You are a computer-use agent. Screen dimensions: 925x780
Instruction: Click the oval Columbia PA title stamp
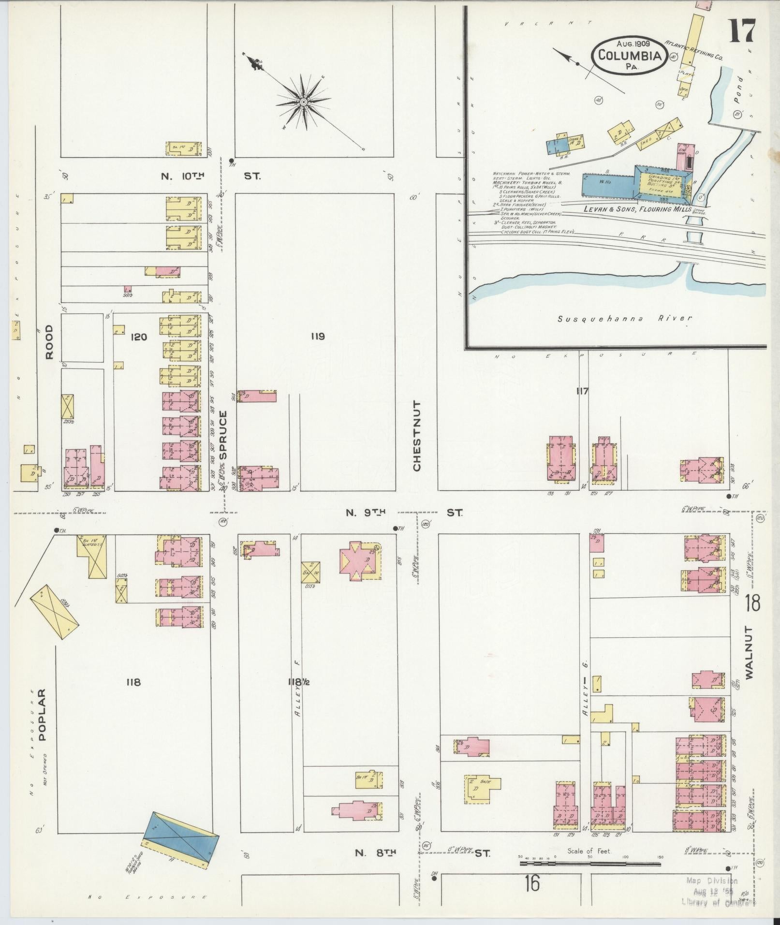point(629,55)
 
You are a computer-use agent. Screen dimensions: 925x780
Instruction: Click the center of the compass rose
point(303,102)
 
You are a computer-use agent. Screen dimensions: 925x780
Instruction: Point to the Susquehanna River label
point(624,319)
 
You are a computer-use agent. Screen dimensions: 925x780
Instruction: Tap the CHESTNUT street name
point(417,436)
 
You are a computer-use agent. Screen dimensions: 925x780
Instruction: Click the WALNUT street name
point(750,653)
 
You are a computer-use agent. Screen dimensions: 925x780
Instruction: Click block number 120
point(138,337)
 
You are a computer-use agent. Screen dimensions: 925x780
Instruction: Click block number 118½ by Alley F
point(298,682)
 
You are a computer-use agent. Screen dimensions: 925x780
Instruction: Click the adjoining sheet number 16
point(531,884)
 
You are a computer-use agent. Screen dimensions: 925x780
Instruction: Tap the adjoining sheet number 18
point(752,603)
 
